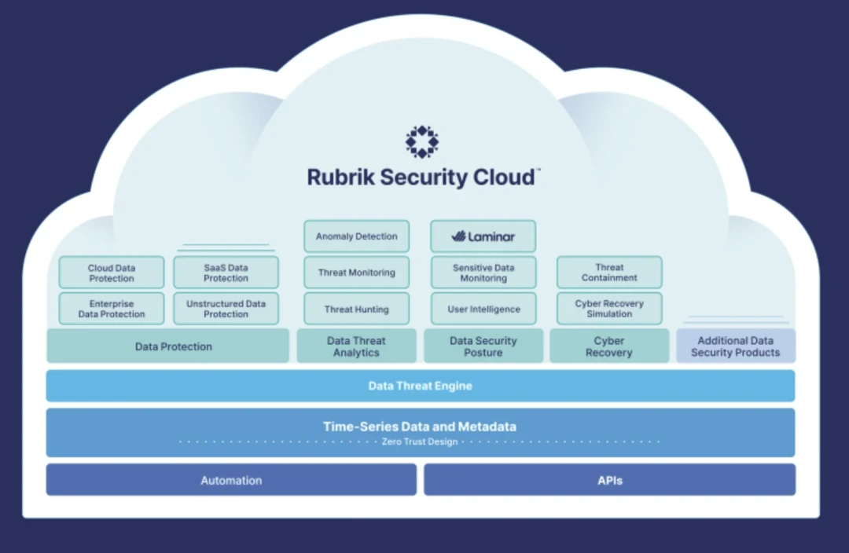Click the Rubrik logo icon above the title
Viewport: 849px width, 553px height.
pyautogui.click(x=422, y=141)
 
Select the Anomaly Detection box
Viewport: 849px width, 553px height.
pyautogui.click(x=357, y=236)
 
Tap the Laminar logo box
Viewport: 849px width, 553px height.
pyautogui.click(x=483, y=236)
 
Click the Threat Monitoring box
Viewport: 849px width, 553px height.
pyautogui.click(x=357, y=273)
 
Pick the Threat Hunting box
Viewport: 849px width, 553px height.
pyautogui.click(x=357, y=309)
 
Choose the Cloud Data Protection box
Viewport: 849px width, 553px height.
pyautogui.click(x=112, y=273)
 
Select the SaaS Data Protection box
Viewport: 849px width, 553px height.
pyautogui.click(x=226, y=273)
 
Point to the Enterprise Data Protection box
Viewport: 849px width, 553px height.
pyautogui.click(x=112, y=309)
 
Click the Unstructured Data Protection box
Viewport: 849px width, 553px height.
pyautogui.click(x=226, y=309)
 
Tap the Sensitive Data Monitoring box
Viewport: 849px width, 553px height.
pyautogui.click(x=483, y=273)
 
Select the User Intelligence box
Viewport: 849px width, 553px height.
pyautogui.click(x=483, y=309)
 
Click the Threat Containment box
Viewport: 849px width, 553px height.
pyautogui.click(x=609, y=273)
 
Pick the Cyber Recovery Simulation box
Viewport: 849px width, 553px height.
pyautogui.click(x=609, y=309)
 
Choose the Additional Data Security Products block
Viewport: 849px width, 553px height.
pyautogui.click(x=736, y=346)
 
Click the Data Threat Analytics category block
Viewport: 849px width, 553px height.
pyautogui.click(x=356, y=346)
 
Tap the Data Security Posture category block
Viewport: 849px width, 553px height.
pyautogui.click(x=483, y=346)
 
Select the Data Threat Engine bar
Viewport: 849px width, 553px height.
pyautogui.click(x=421, y=386)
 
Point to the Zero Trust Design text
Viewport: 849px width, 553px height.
pyautogui.click(x=421, y=442)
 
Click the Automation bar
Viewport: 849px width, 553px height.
pyautogui.click(x=231, y=480)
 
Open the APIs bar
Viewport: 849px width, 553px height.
pyautogui.click(x=609, y=480)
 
